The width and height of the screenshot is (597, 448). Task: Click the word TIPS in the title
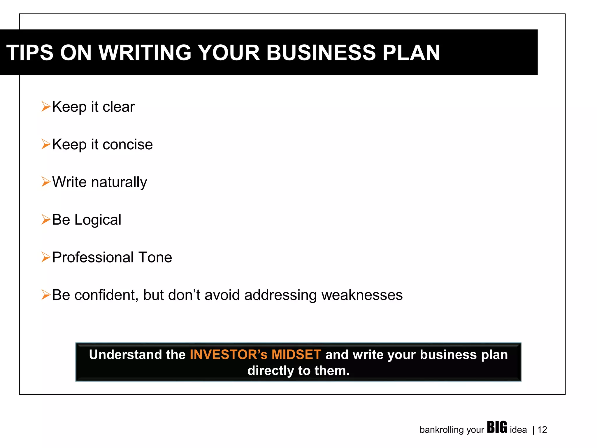[30, 53]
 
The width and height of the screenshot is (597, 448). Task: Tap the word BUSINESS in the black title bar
[321, 53]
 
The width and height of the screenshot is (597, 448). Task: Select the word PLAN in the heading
[411, 53]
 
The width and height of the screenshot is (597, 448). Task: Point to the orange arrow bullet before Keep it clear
[46, 106]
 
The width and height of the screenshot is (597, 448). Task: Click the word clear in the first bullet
[119, 107]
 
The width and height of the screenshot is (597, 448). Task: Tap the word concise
[127, 144]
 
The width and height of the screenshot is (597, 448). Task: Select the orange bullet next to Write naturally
[46, 182]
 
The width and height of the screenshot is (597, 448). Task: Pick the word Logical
[98, 220]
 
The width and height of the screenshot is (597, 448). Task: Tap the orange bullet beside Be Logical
[46, 219]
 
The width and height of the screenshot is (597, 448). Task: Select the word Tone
[155, 257]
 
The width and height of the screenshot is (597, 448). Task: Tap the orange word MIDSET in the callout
[296, 355]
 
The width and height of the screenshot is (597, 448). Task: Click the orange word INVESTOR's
[228, 355]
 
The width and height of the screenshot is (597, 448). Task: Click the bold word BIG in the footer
[497, 428]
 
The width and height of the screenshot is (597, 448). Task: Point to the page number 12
[542, 430]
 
